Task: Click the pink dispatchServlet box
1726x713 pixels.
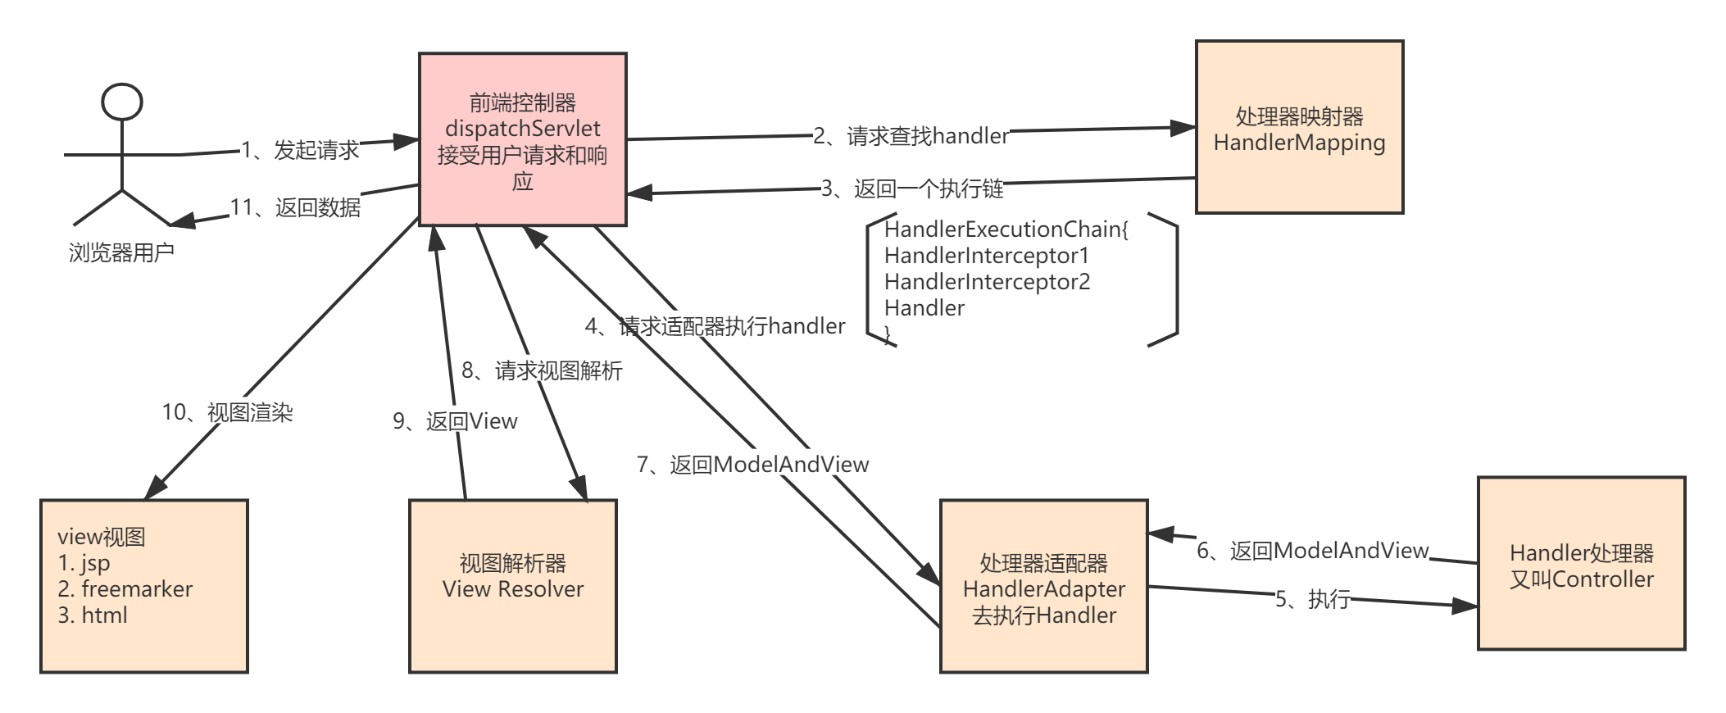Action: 522,139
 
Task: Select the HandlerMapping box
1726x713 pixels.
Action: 1299,128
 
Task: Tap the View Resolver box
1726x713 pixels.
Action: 512,586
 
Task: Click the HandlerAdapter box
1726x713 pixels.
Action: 1043,587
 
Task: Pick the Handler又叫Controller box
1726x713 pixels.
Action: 1581,564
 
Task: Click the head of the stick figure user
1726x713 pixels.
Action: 122,102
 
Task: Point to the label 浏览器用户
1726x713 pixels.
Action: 121,252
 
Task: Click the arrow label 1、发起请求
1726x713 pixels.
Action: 300,149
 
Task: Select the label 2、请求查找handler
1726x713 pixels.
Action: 911,135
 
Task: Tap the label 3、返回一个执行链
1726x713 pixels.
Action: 912,188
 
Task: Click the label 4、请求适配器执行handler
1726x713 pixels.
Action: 715,326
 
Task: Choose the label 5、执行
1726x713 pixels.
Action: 1312,598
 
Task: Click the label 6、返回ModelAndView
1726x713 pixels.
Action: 1313,550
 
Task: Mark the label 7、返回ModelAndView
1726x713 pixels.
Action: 752,464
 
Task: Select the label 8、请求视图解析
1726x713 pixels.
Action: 542,370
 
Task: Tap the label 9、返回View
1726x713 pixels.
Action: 455,420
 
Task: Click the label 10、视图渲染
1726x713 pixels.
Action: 227,411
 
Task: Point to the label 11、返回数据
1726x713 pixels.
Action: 295,207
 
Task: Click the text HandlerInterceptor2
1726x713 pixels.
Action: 987,282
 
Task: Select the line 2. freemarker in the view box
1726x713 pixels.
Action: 125,588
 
